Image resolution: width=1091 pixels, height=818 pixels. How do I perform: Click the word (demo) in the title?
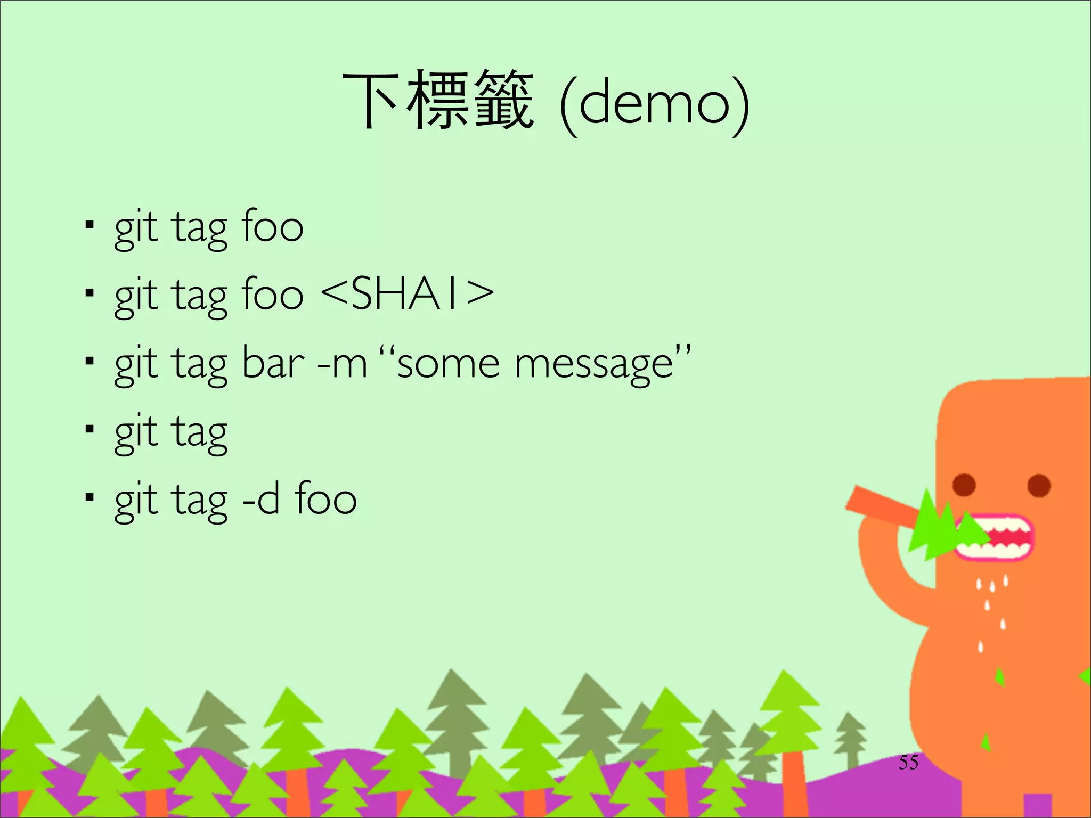click(x=655, y=104)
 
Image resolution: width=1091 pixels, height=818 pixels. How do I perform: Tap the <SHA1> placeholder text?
click(x=408, y=294)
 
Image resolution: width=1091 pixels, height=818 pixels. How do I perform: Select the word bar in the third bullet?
click(x=273, y=363)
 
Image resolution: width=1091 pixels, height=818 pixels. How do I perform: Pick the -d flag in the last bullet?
click(x=260, y=500)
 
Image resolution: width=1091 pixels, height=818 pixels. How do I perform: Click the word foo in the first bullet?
click(x=272, y=226)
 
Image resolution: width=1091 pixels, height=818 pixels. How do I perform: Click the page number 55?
click(x=908, y=763)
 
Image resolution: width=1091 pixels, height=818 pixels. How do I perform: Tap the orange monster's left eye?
click(x=964, y=485)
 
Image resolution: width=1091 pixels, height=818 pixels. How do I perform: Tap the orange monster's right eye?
click(x=1039, y=485)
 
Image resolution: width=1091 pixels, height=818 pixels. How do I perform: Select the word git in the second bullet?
click(x=136, y=295)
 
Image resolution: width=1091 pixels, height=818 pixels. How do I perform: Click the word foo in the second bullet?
click(x=272, y=294)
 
